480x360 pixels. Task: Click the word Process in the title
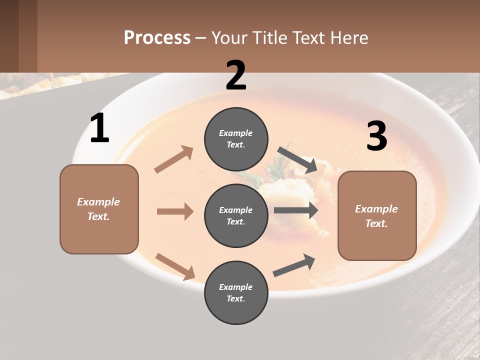coord(157,37)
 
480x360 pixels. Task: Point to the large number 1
coord(99,128)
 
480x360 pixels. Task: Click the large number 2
coord(236,75)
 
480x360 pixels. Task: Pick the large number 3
coord(377,136)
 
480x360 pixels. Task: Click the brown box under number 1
coord(99,209)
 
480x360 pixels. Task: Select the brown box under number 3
coord(377,215)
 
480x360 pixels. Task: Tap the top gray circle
coord(236,139)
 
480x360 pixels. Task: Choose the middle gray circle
coord(236,215)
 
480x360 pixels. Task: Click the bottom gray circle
coord(236,292)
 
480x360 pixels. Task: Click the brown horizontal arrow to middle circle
coord(175,211)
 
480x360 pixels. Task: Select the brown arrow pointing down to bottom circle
coord(175,266)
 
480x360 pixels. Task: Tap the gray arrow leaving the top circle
coord(297,159)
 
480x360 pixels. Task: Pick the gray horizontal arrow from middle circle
coord(296,210)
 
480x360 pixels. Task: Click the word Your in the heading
coord(227,37)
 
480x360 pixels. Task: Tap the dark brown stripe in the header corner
coord(9,36)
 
